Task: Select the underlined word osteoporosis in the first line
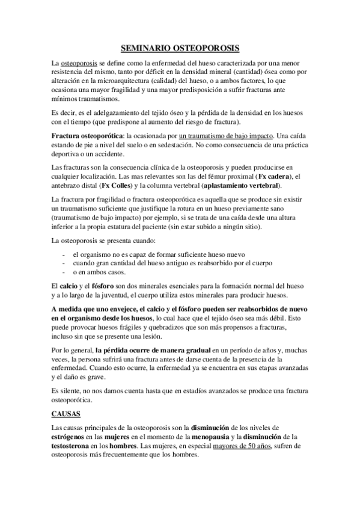tap(76, 63)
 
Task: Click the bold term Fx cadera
tap(274, 175)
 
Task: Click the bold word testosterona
tap(70, 447)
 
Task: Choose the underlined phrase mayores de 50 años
tap(242, 447)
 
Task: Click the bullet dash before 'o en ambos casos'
tap(65, 271)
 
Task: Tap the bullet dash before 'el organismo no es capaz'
tap(65, 253)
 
